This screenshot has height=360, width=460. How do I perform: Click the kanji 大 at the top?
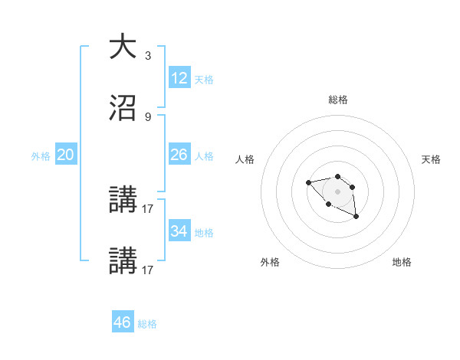point(122,46)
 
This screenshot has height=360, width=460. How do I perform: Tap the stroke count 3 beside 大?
point(148,55)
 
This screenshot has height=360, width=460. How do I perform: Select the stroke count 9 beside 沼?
point(148,116)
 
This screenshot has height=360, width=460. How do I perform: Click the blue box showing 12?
point(179,78)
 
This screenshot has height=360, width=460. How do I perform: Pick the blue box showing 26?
point(179,155)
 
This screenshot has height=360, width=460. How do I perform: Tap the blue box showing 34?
point(179,231)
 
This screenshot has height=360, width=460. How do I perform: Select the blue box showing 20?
point(66,155)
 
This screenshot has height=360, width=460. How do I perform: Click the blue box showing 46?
point(123,322)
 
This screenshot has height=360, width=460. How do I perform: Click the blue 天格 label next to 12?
point(203,80)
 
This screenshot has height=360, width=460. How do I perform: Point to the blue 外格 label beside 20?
point(41,156)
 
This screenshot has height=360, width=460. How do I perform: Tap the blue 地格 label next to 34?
point(203,233)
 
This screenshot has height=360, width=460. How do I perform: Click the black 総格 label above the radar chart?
point(337,100)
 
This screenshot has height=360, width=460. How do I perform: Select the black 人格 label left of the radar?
point(245,159)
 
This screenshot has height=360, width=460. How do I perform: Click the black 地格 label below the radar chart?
point(402,262)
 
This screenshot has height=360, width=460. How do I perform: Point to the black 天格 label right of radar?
point(431,159)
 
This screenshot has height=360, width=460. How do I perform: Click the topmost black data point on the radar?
point(337,177)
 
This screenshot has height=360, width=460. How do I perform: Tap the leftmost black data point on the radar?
point(308,182)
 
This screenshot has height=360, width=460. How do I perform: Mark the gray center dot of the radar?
point(337,191)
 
